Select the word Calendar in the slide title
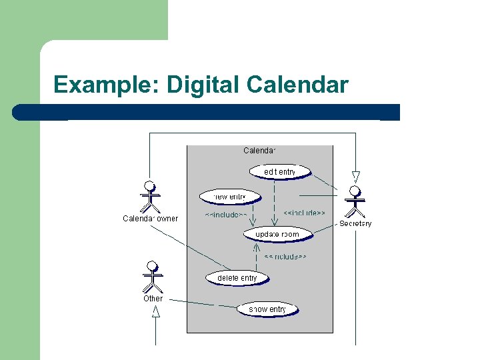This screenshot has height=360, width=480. pos(297,85)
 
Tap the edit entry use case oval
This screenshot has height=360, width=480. pos(279,172)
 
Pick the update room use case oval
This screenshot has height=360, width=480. pos(277,235)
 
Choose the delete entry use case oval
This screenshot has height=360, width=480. pos(237,278)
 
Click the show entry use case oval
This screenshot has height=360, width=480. pos(267,309)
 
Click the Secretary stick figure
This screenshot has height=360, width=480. pos(355,201)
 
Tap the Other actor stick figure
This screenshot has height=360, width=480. pos(153,276)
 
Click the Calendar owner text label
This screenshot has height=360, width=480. pos(151,218)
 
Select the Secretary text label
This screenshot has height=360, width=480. pos(355,224)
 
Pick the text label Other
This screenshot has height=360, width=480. pos(153,299)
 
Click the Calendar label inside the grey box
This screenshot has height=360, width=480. pos(259,151)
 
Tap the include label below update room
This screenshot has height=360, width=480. pos(285,257)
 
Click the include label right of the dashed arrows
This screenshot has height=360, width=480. pos(304,213)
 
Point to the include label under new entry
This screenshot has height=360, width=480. pos(225,215)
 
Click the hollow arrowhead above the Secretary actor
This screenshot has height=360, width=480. pos(355,177)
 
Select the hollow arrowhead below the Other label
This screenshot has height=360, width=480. pos(156,311)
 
